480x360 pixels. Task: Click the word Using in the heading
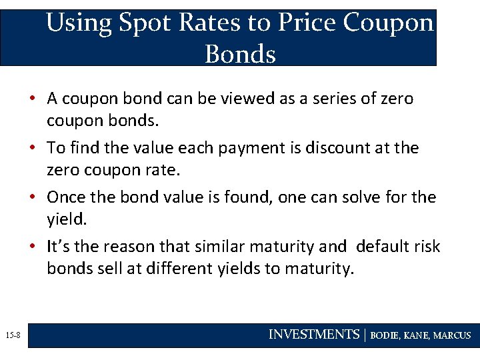[79, 23]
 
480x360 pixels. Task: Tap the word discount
[338, 148]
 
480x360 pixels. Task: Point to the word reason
[132, 247]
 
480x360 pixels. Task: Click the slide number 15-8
[13, 335]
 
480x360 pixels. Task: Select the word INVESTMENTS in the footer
[313, 335]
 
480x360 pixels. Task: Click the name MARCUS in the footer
[452, 335]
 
